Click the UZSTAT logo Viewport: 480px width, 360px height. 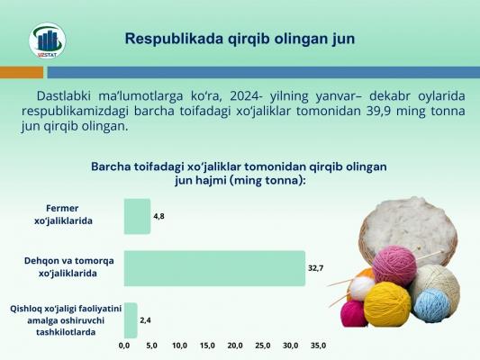[x=47, y=40]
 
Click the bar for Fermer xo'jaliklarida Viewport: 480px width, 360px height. [x=137, y=216]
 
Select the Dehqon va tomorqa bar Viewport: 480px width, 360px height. [x=214, y=268]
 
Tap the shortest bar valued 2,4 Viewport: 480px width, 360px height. [x=131, y=320]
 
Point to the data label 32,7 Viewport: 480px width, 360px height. [x=315, y=268]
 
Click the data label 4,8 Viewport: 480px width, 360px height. [x=158, y=216]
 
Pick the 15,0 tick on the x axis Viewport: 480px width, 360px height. [x=207, y=346]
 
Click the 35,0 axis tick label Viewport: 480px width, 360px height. [x=319, y=346]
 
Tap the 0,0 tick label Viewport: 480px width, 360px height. [x=124, y=346]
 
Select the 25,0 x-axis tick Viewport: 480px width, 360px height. [x=263, y=346]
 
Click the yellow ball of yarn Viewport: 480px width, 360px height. [x=387, y=304]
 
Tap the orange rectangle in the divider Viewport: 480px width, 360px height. [x=22, y=73]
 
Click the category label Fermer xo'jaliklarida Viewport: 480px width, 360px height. [x=63, y=214]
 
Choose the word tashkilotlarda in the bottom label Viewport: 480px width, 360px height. [x=66, y=332]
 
